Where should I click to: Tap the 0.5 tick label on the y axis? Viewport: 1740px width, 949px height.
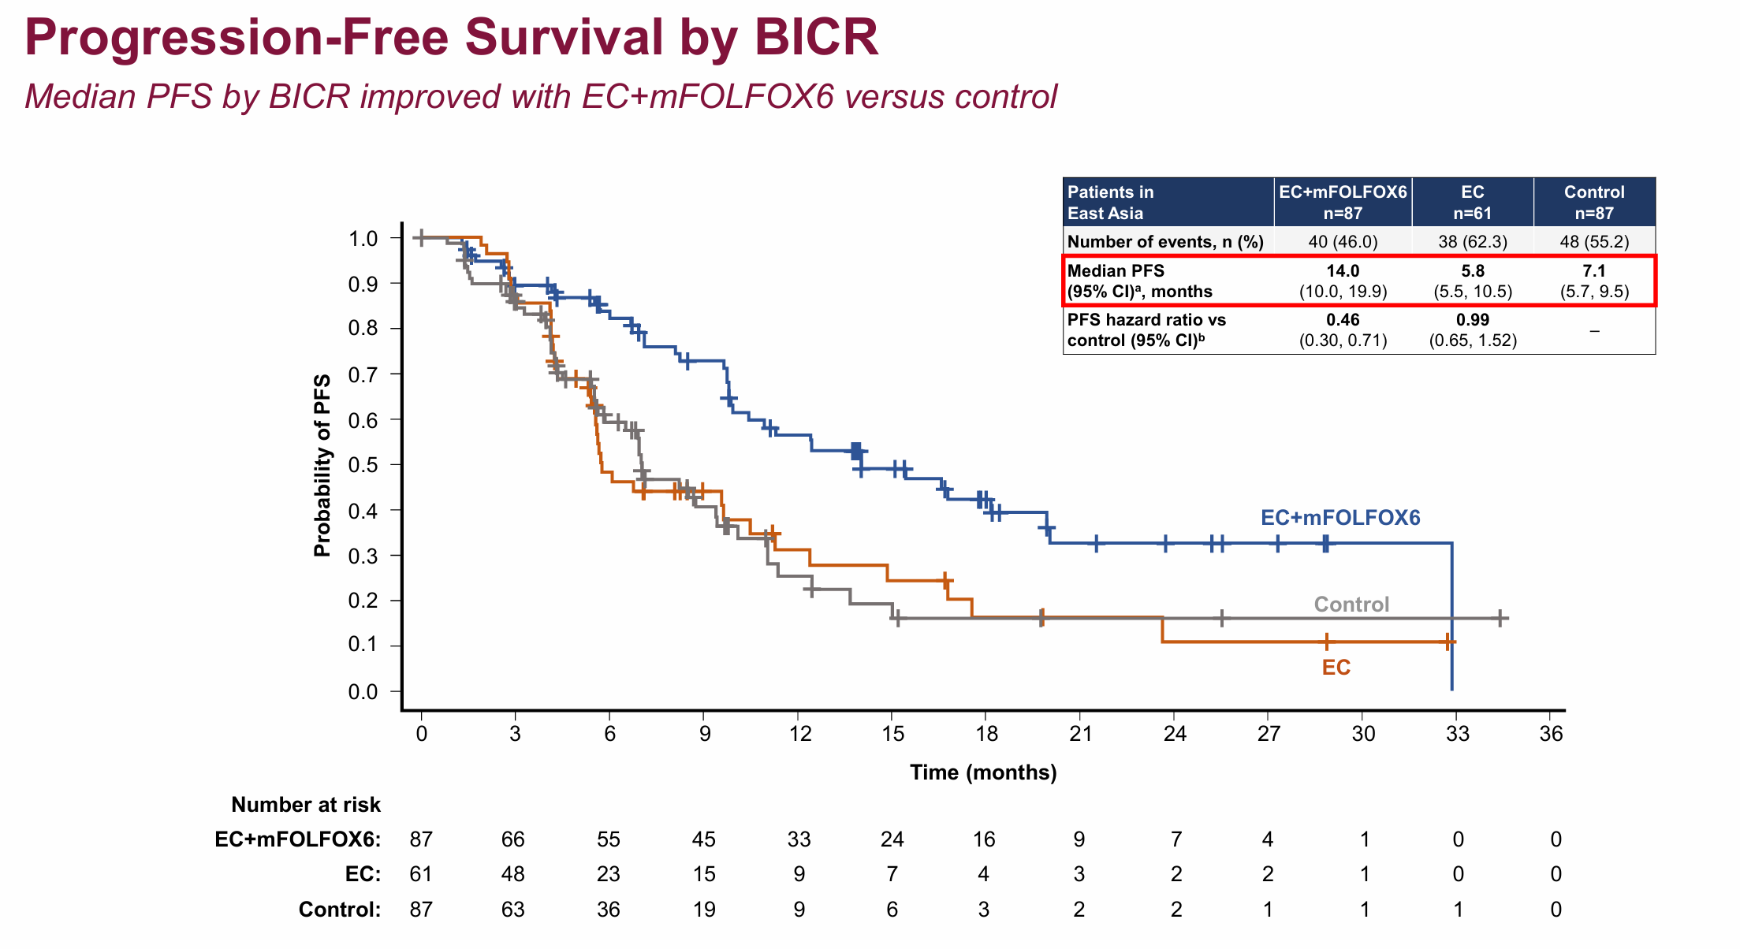pos(363,465)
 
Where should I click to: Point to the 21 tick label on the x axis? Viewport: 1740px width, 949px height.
pos(1080,734)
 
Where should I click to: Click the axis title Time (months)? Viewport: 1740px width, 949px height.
pos(983,772)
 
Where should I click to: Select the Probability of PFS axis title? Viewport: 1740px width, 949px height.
pos(322,465)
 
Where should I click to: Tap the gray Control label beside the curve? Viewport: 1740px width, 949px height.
pos(1351,605)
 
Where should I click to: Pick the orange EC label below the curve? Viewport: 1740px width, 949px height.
pos(1336,668)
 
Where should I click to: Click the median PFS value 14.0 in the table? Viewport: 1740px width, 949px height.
pos(1343,271)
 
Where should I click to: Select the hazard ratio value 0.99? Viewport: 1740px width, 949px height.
pos(1472,320)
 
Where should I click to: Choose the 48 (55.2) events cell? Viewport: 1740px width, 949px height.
pos(1594,241)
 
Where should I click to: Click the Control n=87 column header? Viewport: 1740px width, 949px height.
pos(1594,203)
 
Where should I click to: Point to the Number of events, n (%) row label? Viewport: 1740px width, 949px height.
pos(1165,241)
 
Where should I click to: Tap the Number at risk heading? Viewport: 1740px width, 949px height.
pos(306,805)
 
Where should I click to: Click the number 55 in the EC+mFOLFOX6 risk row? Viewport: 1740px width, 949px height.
pos(609,839)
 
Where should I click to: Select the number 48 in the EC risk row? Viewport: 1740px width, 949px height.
pos(513,874)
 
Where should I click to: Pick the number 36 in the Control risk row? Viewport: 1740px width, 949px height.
pos(609,910)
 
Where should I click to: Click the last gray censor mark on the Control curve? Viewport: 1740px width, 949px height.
pos(1500,619)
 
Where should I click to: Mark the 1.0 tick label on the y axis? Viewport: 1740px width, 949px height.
pos(363,238)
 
